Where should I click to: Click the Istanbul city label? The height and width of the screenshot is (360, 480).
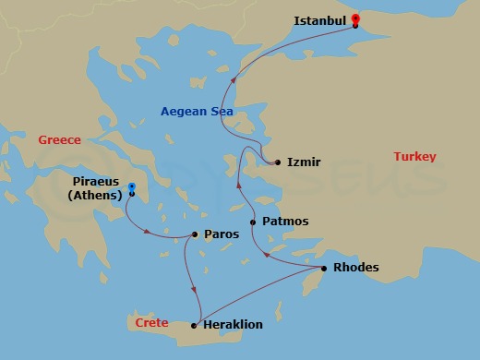319,20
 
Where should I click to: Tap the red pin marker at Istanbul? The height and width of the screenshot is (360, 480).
355,18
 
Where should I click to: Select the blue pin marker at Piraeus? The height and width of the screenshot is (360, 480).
133,186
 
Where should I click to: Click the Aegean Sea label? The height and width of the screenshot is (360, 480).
197,112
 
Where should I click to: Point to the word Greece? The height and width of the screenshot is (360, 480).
60,140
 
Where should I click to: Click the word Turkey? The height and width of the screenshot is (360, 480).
414,157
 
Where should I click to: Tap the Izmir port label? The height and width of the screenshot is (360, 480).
304,162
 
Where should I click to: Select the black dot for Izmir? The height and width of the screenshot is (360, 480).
278,162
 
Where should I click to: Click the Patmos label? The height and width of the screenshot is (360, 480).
285,222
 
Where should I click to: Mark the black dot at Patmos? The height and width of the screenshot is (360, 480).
253,222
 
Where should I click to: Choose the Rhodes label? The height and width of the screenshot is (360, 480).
355,269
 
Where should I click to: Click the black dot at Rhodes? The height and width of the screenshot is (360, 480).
323,269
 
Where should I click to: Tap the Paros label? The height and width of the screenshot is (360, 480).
221,234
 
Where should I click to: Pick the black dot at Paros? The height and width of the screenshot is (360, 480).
195,234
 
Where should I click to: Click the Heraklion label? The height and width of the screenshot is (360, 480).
234,325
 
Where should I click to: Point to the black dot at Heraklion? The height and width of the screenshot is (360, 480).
194,325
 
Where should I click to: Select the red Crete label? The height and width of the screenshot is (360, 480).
151,323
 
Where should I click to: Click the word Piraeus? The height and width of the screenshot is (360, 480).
96,181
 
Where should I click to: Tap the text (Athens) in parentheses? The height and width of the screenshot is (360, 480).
96,195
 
